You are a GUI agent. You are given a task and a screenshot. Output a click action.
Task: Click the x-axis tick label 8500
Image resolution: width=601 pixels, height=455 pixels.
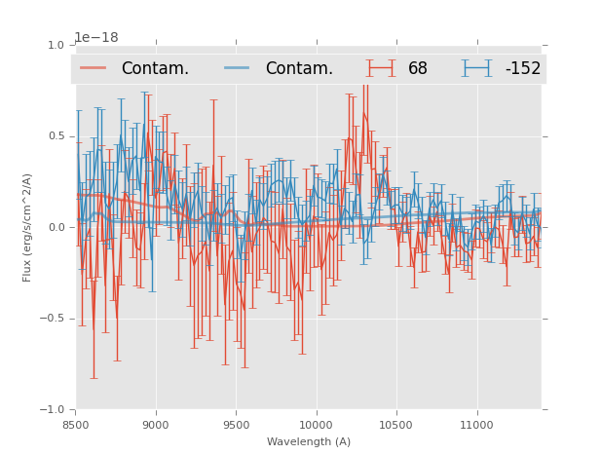tap(76, 425)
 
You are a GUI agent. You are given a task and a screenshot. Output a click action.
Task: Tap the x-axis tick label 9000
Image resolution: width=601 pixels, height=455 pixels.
tap(156, 425)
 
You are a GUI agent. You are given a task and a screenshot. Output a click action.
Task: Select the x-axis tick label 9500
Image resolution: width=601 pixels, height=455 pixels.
tap(236, 425)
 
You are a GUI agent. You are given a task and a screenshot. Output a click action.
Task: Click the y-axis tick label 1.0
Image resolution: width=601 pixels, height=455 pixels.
tap(56, 45)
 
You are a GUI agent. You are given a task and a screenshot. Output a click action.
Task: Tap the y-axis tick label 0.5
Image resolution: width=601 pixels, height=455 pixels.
tap(56, 136)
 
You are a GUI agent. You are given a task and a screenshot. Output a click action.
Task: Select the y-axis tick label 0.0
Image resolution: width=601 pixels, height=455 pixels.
tap(56, 228)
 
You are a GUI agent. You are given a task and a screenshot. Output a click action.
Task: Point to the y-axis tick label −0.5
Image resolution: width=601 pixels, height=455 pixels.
tap(53, 319)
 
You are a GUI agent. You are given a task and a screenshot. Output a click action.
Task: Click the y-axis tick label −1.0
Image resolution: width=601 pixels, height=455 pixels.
tap(53, 410)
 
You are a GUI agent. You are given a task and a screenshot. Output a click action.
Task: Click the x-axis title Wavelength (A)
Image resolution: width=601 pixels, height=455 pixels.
tap(309, 442)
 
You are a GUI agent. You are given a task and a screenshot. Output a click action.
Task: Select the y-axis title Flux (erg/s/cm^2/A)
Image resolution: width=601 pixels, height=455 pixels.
tap(28, 227)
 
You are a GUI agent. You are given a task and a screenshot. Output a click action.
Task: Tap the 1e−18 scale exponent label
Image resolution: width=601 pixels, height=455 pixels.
tap(96, 38)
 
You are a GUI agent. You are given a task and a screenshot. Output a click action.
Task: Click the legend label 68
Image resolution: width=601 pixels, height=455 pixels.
tap(418, 69)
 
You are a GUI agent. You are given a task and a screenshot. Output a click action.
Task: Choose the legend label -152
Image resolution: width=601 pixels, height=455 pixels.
tap(523, 69)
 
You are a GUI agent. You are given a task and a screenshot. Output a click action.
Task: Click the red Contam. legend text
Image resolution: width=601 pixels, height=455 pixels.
tap(155, 69)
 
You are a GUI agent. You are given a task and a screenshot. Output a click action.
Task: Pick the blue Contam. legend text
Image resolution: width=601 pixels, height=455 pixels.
tap(299, 69)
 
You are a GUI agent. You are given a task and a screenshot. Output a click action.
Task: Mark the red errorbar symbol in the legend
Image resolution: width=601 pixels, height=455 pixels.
tap(381, 68)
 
